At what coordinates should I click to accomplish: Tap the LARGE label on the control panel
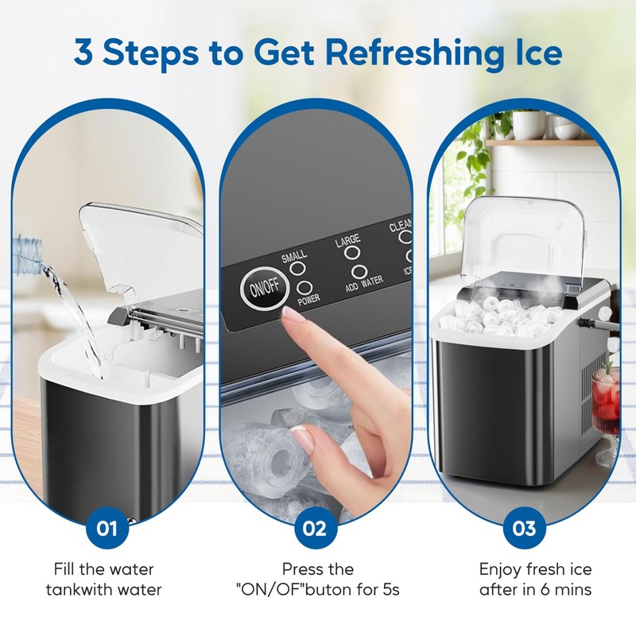[347, 239]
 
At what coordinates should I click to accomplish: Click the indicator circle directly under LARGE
[349, 256]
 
